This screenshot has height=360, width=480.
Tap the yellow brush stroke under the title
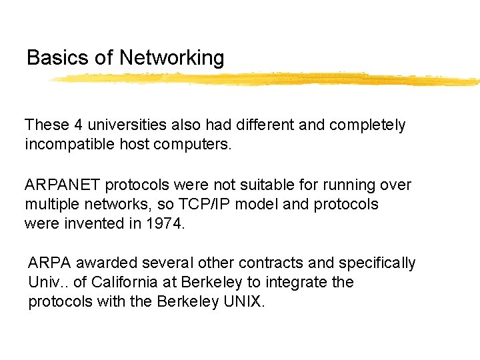(x=267, y=79)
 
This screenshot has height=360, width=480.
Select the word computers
(x=198, y=144)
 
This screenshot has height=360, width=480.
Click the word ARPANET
(x=63, y=185)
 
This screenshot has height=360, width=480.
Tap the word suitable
(x=248, y=185)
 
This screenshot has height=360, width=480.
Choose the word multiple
(x=50, y=204)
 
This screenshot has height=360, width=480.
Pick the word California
(x=123, y=282)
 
